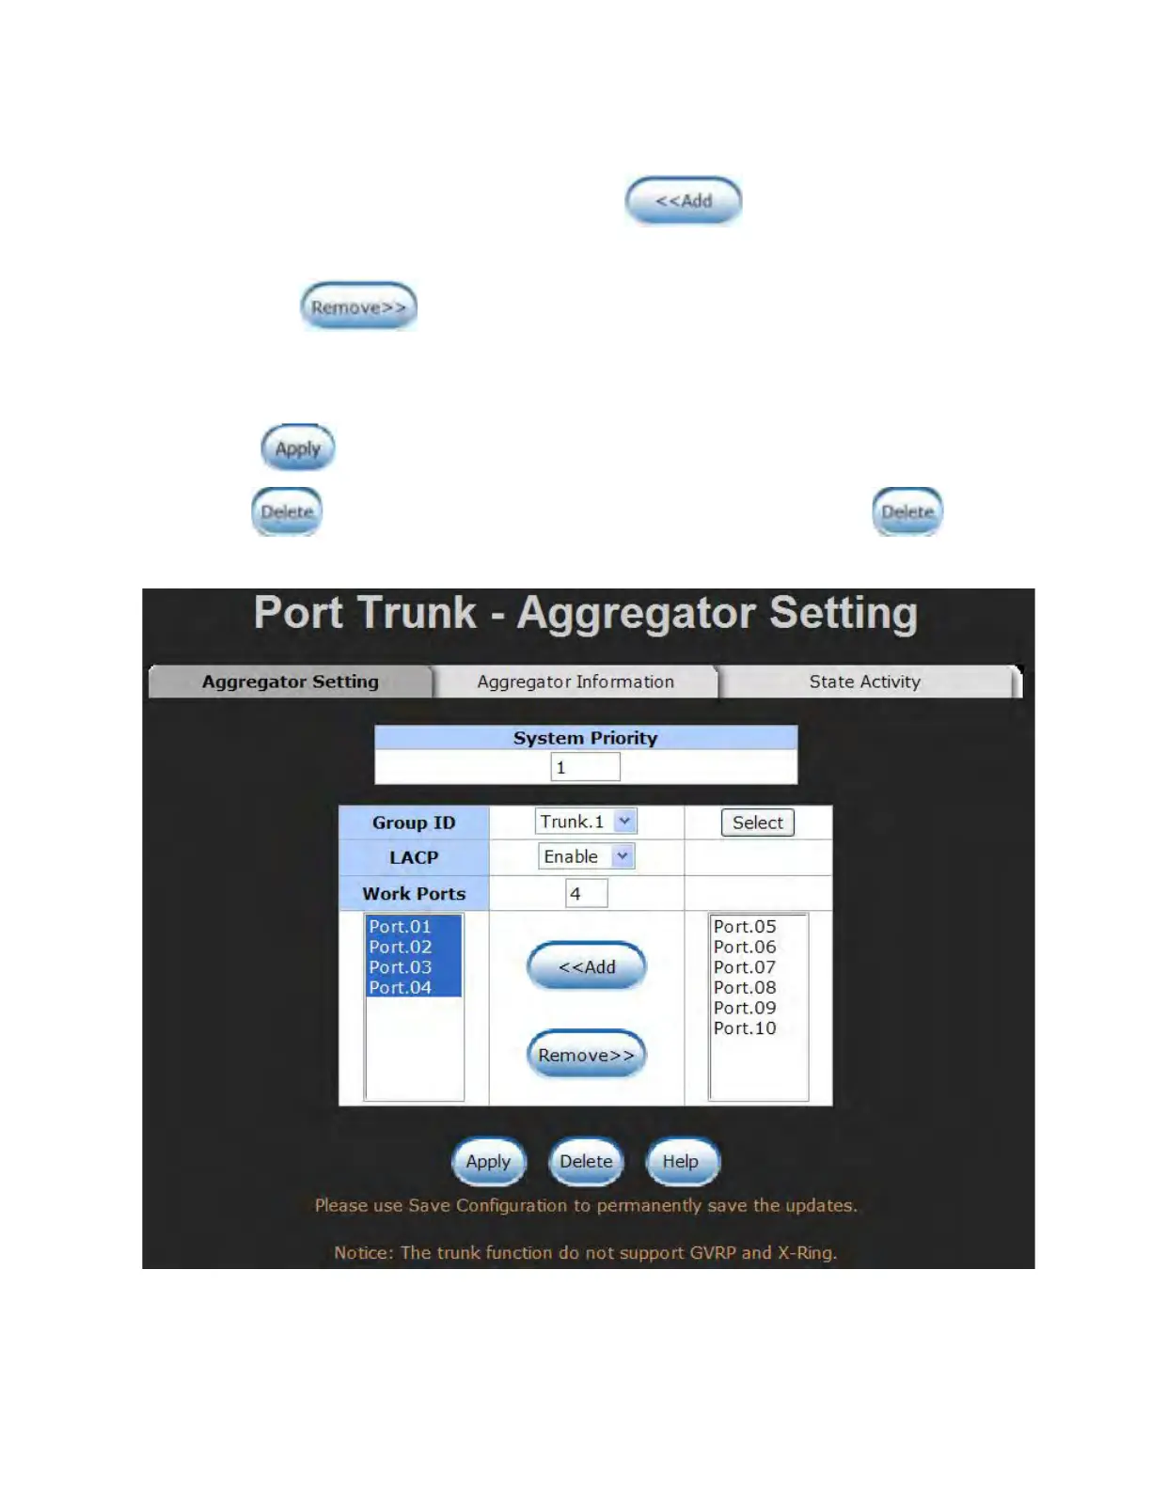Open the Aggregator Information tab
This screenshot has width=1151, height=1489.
click(575, 682)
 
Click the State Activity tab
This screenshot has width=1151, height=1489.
click(864, 682)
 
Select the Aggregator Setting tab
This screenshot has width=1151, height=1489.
click(290, 682)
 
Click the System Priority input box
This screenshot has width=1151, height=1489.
click(585, 767)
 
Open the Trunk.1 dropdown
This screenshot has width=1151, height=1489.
click(624, 822)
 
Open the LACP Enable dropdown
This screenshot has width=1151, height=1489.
click(623, 856)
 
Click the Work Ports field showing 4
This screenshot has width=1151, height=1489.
click(586, 893)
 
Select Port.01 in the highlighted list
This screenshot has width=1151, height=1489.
click(401, 927)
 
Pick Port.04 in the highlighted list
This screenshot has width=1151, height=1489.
click(401, 988)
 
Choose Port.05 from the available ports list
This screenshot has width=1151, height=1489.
click(745, 927)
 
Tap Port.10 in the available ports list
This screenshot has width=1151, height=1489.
click(745, 1028)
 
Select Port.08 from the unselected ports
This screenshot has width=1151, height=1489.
click(745, 988)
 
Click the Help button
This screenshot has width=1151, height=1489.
click(681, 1162)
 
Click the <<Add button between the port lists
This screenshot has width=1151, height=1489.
click(587, 967)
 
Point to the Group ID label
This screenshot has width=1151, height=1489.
click(414, 823)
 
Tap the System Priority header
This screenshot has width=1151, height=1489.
click(585, 738)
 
